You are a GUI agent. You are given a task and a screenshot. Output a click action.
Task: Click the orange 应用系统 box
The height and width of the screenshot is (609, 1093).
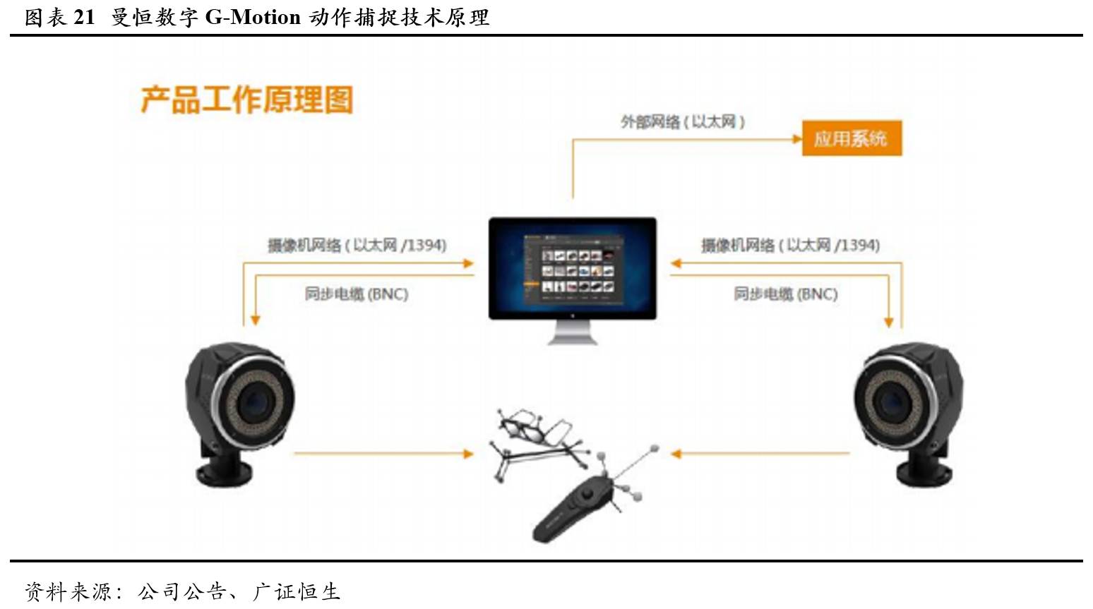click(852, 138)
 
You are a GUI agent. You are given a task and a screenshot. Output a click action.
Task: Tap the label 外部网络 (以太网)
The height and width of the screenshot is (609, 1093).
click(682, 121)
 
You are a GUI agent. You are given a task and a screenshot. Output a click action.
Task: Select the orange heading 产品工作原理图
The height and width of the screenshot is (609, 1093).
click(247, 100)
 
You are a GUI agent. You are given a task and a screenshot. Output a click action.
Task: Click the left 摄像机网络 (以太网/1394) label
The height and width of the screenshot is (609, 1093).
click(357, 245)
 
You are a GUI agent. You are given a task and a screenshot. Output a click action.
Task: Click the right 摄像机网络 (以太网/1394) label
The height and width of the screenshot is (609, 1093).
click(791, 245)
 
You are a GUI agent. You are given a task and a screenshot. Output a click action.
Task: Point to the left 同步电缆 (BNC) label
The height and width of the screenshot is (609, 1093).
click(357, 294)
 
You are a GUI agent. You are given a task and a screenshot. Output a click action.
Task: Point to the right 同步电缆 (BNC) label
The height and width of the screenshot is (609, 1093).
click(786, 294)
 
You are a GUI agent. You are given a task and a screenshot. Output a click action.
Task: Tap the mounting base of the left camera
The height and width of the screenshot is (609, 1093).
click(224, 467)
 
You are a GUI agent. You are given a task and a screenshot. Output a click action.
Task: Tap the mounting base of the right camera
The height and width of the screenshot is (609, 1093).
click(924, 467)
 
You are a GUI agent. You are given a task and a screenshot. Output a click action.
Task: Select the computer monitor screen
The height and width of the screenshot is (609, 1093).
click(573, 268)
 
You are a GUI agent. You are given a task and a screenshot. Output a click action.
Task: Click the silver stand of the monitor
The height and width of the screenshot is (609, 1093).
click(573, 332)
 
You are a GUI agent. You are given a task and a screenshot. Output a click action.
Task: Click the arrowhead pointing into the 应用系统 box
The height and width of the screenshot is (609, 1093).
click(797, 139)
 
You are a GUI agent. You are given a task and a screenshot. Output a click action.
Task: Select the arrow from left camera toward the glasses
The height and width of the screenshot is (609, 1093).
click(383, 454)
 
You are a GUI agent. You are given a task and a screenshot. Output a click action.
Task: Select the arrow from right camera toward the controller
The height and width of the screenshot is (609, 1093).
click(760, 454)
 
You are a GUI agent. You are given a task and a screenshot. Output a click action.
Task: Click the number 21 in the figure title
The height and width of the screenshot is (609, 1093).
click(84, 18)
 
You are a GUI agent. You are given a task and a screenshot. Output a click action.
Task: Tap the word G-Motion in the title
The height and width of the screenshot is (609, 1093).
click(253, 18)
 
